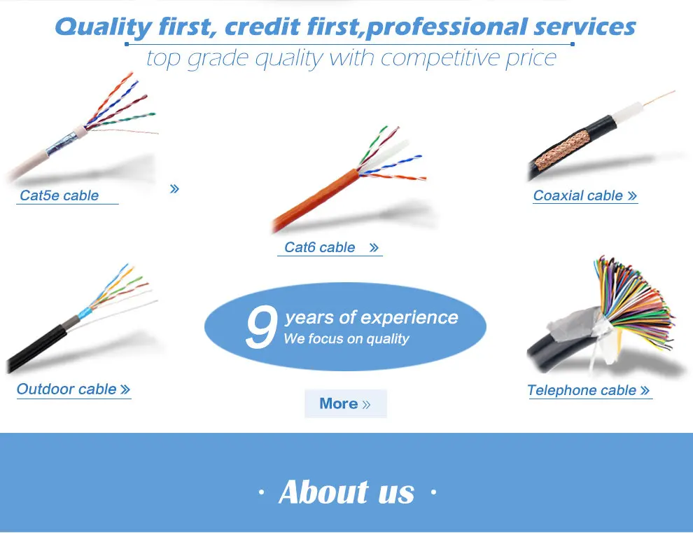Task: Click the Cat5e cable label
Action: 59,195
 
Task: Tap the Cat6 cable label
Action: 320,247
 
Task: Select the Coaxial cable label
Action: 578,195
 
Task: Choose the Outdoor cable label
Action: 67,389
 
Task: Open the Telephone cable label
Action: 582,391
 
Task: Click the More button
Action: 345,403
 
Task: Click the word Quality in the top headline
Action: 102,27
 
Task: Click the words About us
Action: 346,492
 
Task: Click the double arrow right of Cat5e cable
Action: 174,188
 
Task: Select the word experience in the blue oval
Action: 409,317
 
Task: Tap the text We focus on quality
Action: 346,339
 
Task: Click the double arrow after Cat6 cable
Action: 374,247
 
